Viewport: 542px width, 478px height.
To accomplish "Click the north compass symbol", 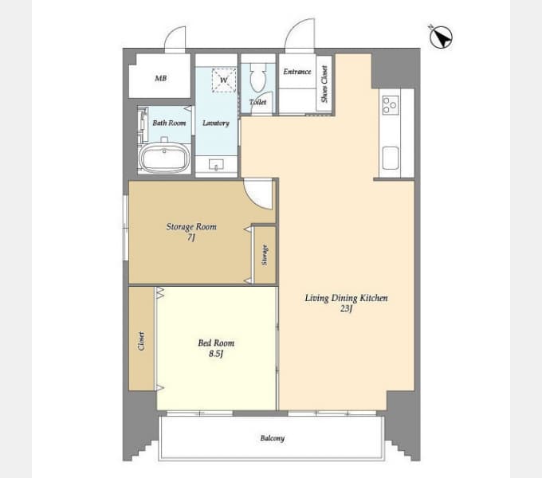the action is click(x=441, y=37).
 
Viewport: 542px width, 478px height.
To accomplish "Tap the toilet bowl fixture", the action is click(x=258, y=78).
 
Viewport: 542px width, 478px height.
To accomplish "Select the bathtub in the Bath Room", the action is click(x=164, y=158).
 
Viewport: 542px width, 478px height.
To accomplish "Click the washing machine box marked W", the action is click(x=224, y=80).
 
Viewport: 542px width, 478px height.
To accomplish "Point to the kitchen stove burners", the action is click(x=391, y=105).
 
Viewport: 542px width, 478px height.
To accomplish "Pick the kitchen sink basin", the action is click(x=391, y=158).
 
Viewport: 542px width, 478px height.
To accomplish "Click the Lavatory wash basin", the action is click(x=216, y=165).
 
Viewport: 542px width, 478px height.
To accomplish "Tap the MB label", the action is click(x=160, y=78).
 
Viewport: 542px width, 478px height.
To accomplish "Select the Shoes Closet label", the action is click(x=324, y=84).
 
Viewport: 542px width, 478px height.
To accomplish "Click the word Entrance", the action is click(x=297, y=72).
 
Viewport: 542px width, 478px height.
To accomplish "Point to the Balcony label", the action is click(x=273, y=438).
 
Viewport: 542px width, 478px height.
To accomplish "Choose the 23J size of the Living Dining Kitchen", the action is click(x=346, y=308).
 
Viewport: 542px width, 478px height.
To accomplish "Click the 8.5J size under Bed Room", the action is click(x=216, y=353).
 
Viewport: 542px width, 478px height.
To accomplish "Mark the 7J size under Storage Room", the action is click(x=191, y=237).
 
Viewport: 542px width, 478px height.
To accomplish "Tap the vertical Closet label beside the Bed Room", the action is click(x=141, y=341).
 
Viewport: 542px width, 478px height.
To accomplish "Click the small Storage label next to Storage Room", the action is click(x=265, y=255).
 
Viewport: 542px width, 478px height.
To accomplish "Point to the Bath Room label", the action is click(x=169, y=123).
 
